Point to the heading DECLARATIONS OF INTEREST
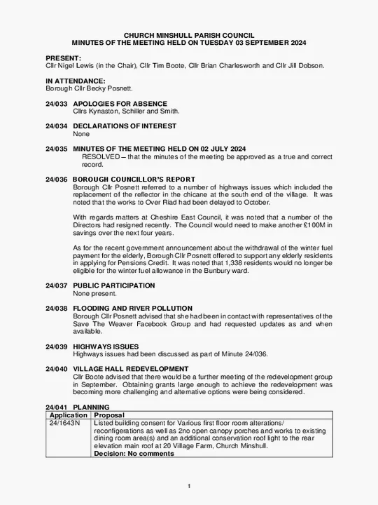coord(125,126)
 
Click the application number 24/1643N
coord(64,424)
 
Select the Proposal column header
coord(109,415)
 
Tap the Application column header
coord(68,415)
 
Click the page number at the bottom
coord(189,487)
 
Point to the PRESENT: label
coord(63,58)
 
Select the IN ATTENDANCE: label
coord(75,81)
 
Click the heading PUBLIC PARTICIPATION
coord(114,286)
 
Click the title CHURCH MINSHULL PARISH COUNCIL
coord(189,34)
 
